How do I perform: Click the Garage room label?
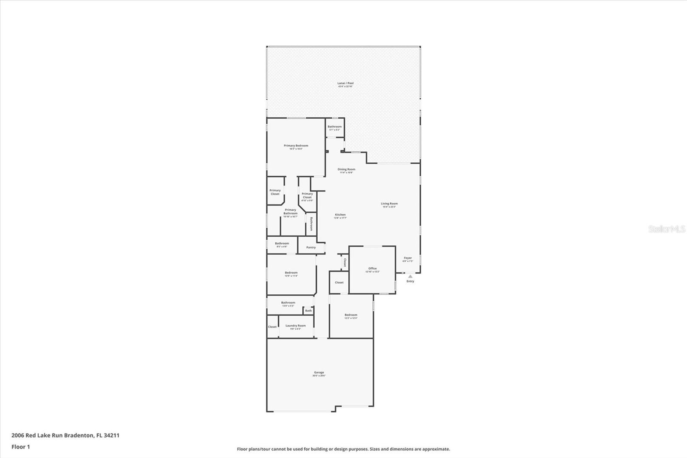pos(319,373)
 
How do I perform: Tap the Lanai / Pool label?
pos(345,83)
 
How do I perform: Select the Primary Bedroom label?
pos(296,146)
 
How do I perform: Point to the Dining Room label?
pos(346,169)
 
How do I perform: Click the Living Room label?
pos(389,204)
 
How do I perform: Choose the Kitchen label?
pos(340,215)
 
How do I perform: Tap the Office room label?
pos(372,269)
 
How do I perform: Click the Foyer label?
pos(407,258)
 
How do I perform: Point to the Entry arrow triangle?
pos(410,276)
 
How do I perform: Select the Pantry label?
pos(311,247)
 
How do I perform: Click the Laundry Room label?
pos(295,326)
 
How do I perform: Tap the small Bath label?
pos(308,311)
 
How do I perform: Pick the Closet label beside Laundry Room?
pos(272,327)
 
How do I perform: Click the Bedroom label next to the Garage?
pos(350,315)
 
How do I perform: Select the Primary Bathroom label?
pos(290,211)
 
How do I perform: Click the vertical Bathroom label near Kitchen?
pos(312,224)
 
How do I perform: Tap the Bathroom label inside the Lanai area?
pos(334,127)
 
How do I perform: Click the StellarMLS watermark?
pos(666,229)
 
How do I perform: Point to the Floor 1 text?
pos(21,447)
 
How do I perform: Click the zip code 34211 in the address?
pos(111,435)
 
